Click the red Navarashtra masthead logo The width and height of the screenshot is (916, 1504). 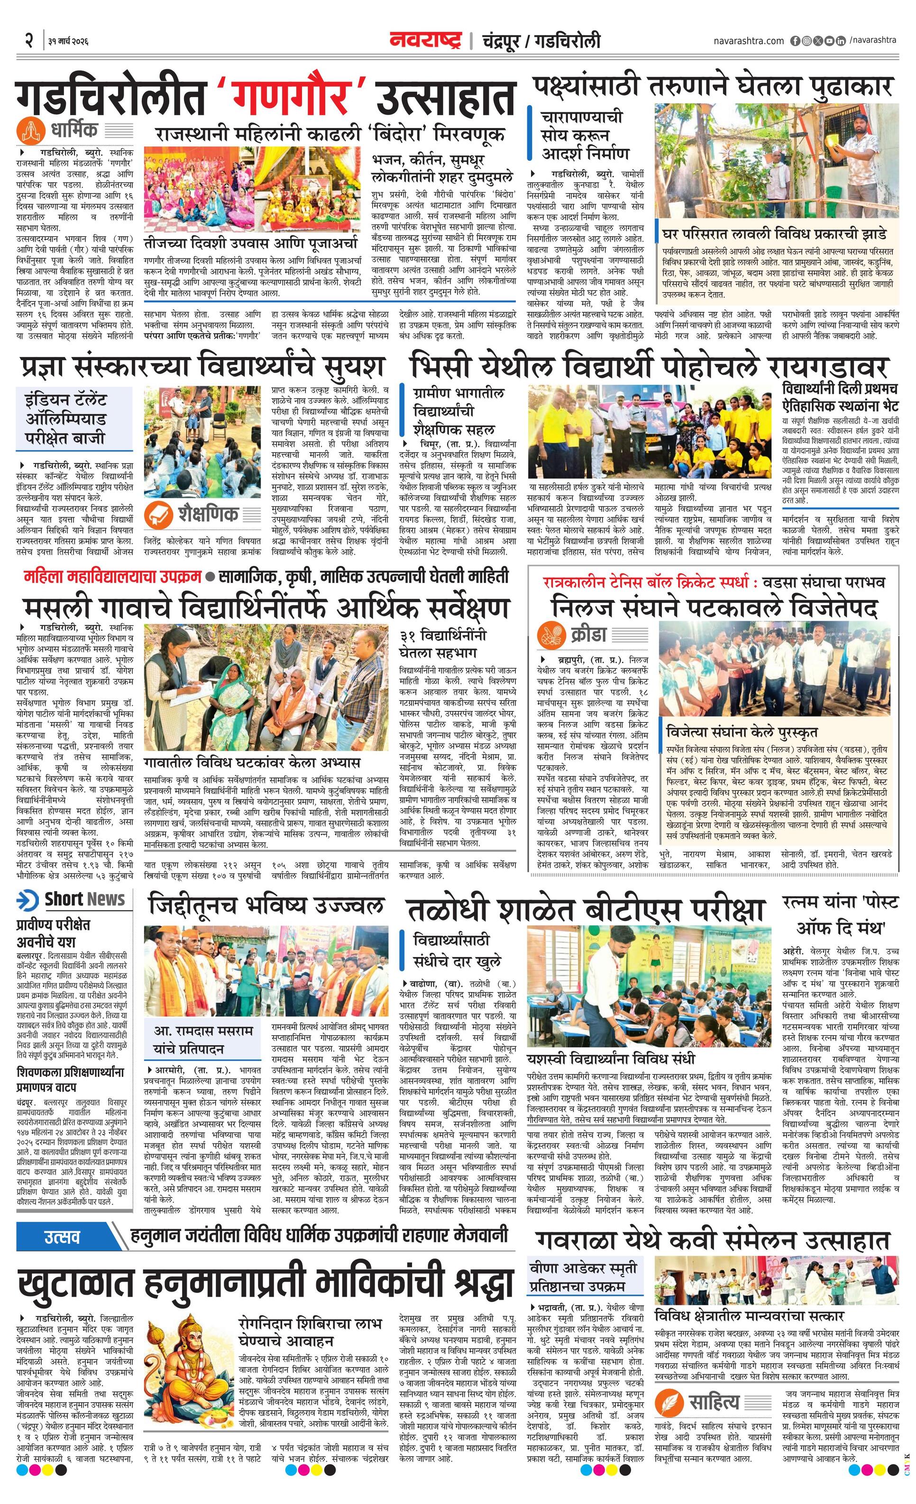coord(426,40)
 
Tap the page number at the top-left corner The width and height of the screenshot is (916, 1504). coord(28,42)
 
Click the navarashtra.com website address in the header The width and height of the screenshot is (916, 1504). coord(748,41)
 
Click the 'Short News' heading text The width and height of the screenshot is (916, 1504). coord(84,899)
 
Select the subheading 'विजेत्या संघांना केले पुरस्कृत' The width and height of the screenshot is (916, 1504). coord(742,732)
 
